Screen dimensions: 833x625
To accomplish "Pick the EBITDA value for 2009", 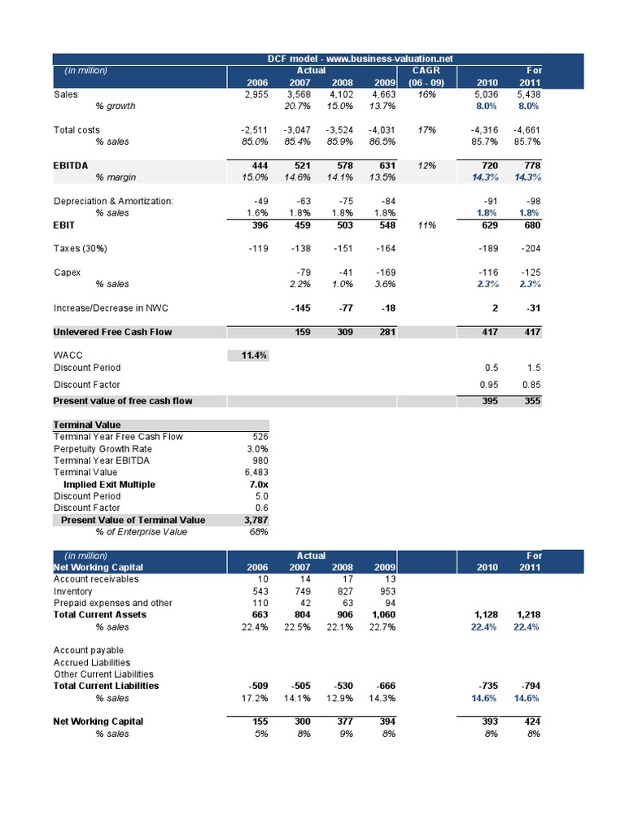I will click(x=384, y=166).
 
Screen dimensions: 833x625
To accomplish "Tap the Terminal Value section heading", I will click(x=87, y=425).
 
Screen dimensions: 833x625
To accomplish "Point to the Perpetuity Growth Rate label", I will click(x=103, y=448).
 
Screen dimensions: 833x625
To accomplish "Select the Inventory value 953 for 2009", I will click(x=384, y=591).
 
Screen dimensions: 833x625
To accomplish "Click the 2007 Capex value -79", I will click(x=303, y=273).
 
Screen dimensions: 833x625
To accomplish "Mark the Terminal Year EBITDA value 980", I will click(x=260, y=460).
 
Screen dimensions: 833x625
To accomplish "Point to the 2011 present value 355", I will click(x=531, y=400).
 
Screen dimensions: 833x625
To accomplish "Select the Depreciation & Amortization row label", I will click(x=113, y=201).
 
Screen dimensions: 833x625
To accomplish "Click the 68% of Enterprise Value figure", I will click(x=259, y=532).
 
